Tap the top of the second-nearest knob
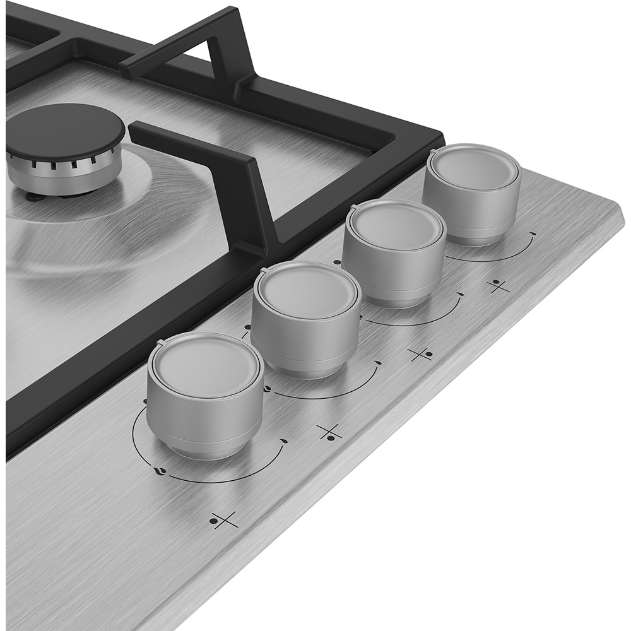pyautogui.click(x=307, y=291)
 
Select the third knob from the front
pyautogui.click(x=394, y=226)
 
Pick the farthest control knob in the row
pyautogui.click(x=472, y=170)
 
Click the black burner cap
pyautogui.click(x=65, y=133)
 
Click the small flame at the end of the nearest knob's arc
pyautogui.click(x=283, y=440)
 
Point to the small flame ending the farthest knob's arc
pyautogui.click(x=533, y=234)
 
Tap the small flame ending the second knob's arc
pyautogui.click(x=377, y=363)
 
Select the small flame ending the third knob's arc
pyautogui.click(x=461, y=294)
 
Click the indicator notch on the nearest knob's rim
pyautogui.click(x=160, y=344)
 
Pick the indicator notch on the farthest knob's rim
pyautogui.click(x=433, y=153)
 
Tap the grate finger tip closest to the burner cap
pyautogui.click(x=134, y=129)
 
